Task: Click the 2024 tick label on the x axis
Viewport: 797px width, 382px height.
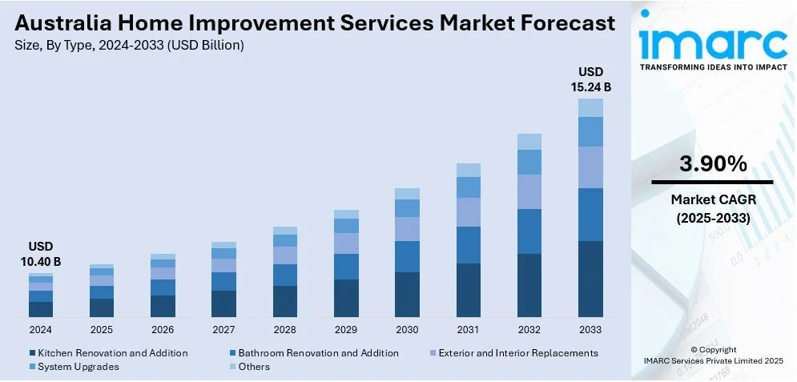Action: (x=40, y=329)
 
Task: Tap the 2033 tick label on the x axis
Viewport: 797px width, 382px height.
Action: (x=590, y=329)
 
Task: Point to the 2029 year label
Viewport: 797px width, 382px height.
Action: (x=346, y=329)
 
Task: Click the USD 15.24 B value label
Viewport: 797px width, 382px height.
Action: (x=591, y=79)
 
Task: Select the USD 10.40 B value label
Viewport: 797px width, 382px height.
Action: (x=41, y=254)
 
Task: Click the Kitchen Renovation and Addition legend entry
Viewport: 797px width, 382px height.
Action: (x=112, y=353)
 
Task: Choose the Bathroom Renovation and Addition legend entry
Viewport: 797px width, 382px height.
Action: (x=318, y=353)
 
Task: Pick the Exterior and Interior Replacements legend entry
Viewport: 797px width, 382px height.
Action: (x=515, y=353)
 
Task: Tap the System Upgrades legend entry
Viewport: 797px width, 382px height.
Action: (x=78, y=367)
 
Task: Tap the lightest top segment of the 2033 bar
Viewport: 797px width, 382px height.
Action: (x=590, y=107)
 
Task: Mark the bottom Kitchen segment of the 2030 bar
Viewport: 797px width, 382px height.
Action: (x=407, y=294)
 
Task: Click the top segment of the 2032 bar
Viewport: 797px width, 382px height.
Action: (x=529, y=142)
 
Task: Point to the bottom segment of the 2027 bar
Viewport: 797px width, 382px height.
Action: (x=223, y=304)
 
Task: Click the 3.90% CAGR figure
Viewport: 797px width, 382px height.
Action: (x=713, y=164)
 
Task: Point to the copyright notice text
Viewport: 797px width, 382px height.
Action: (x=713, y=356)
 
